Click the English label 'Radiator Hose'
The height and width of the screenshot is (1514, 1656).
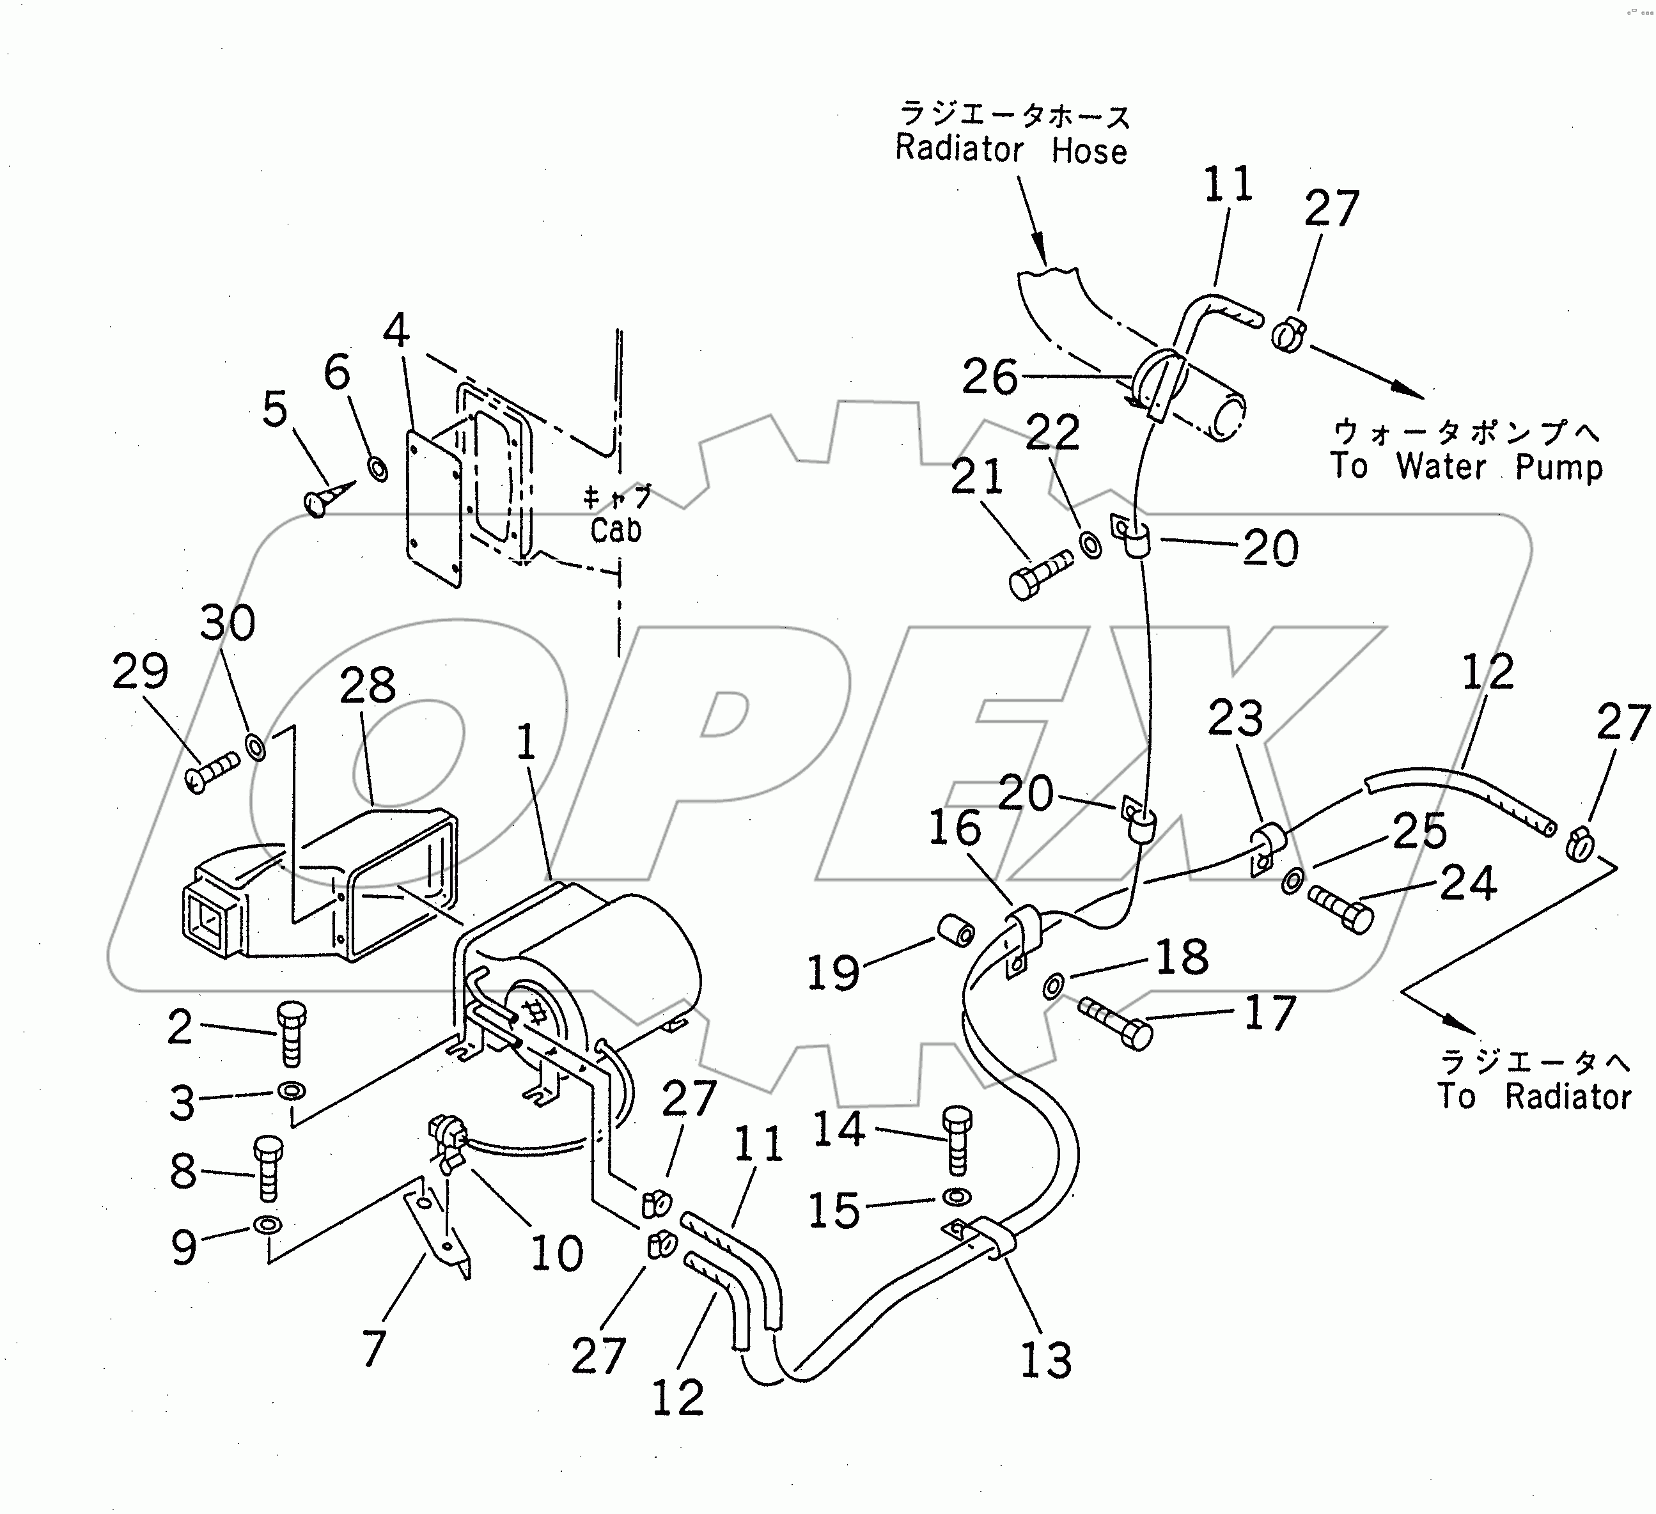1010,150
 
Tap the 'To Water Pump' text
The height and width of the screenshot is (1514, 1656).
1465,467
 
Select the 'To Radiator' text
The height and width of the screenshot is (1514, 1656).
1534,1096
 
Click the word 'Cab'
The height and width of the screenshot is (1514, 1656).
615,530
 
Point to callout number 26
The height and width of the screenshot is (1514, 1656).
989,377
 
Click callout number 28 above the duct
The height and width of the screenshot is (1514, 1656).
367,685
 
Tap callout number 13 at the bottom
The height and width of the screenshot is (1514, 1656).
1045,1361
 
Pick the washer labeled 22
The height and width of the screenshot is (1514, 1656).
1091,545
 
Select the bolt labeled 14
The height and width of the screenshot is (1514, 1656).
957,1141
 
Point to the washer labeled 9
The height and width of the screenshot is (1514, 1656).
268,1226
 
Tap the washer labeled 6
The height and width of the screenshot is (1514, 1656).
378,470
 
